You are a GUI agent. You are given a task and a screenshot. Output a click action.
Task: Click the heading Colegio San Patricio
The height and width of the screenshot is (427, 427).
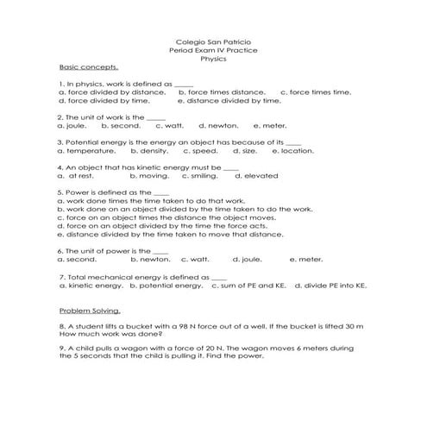(213, 41)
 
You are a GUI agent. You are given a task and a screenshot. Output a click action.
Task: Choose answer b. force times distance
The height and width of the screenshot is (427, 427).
(222, 91)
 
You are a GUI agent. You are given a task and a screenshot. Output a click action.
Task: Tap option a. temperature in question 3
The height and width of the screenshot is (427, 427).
(85, 150)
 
